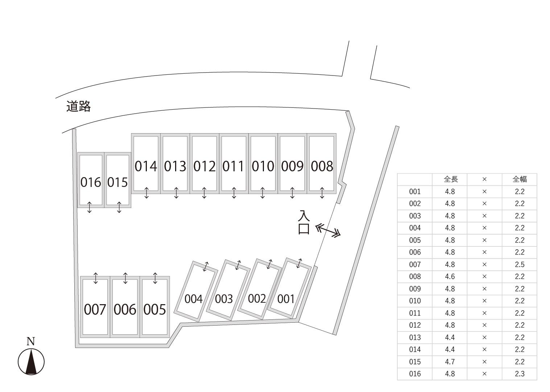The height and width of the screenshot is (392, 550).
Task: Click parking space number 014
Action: pyautogui.click(x=146, y=166)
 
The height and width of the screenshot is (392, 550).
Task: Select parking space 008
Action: pyautogui.click(x=322, y=166)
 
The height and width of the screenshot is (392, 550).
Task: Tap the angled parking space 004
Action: pyautogui.click(x=194, y=298)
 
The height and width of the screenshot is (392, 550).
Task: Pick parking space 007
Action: pyautogui.click(x=95, y=309)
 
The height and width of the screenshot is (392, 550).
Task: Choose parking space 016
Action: pyautogui.click(x=91, y=182)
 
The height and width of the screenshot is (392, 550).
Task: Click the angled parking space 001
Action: pyautogui.click(x=286, y=298)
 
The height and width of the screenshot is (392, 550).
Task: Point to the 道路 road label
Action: pyautogui.click(x=78, y=106)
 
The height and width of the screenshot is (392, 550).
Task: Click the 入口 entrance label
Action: pyautogui.click(x=304, y=222)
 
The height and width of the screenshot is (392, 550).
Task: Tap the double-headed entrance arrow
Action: pyautogui.click(x=328, y=230)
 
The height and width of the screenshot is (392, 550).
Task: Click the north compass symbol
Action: pyautogui.click(x=31, y=362)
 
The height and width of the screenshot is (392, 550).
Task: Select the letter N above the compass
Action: pyautogui.click(x=31, y=341)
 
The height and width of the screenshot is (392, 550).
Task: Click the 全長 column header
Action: pyautogui.click(x=450, y=179)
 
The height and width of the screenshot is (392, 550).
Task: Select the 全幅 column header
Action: pyautogui.click(x=520, y=179)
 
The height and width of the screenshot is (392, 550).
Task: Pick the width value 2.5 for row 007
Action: pyautogui.click(x=520, y=264)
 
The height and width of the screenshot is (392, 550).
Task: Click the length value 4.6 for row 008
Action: pyautogui.click(x=450, y=277)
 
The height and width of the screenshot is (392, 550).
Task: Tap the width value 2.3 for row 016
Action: pyautogui.click(x=520, y=374)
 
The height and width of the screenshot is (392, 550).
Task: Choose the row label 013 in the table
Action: pyautogui.click(x=415, y=337)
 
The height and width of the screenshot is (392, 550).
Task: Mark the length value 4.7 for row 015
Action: pyautogui.click(x=450, y=362)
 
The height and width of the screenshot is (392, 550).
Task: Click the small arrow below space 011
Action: pyautogui.click(x=234, y=193)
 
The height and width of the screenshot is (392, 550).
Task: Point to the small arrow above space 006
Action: pyautogui.click(x=125, y=278)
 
